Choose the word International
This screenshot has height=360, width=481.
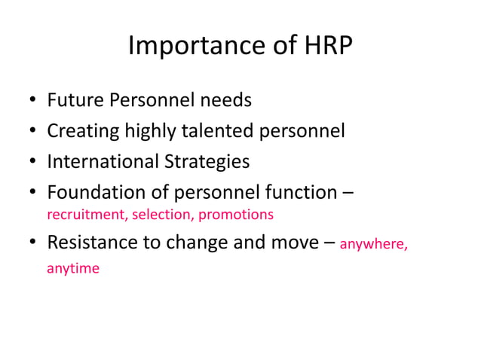(x=102, y=161)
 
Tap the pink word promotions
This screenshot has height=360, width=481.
(x=236, y=215)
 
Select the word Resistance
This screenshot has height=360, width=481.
(x=90, y=243)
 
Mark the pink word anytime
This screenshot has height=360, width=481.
(x=73, y=268)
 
